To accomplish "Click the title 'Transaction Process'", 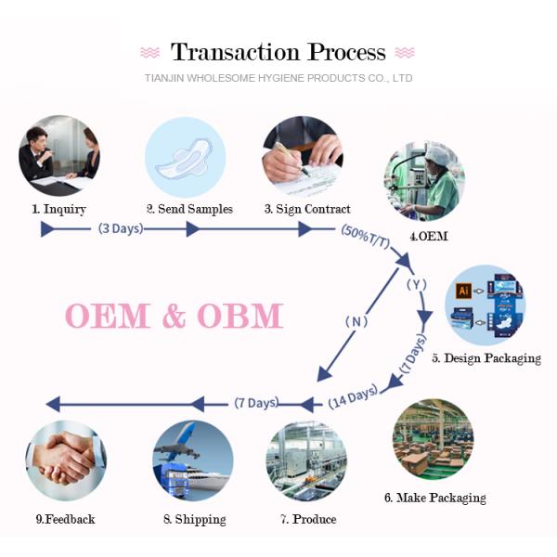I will tap(278, 52).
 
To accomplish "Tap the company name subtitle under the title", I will tap(278, 79).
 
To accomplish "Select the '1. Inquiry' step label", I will tap(60, 209).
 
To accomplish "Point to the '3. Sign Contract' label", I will tap(307, 209).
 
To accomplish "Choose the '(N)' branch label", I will tap(356, 321).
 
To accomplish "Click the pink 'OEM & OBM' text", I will tap(174, 316).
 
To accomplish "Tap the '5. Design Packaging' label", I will tap(486, 358).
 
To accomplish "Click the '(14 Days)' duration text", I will tap(353, 397).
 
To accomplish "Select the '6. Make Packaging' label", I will tap(434, 498).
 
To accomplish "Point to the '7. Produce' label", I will tap(307, 519).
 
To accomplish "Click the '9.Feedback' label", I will tap(65, 519).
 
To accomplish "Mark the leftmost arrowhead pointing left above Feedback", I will tap(53, 403).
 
